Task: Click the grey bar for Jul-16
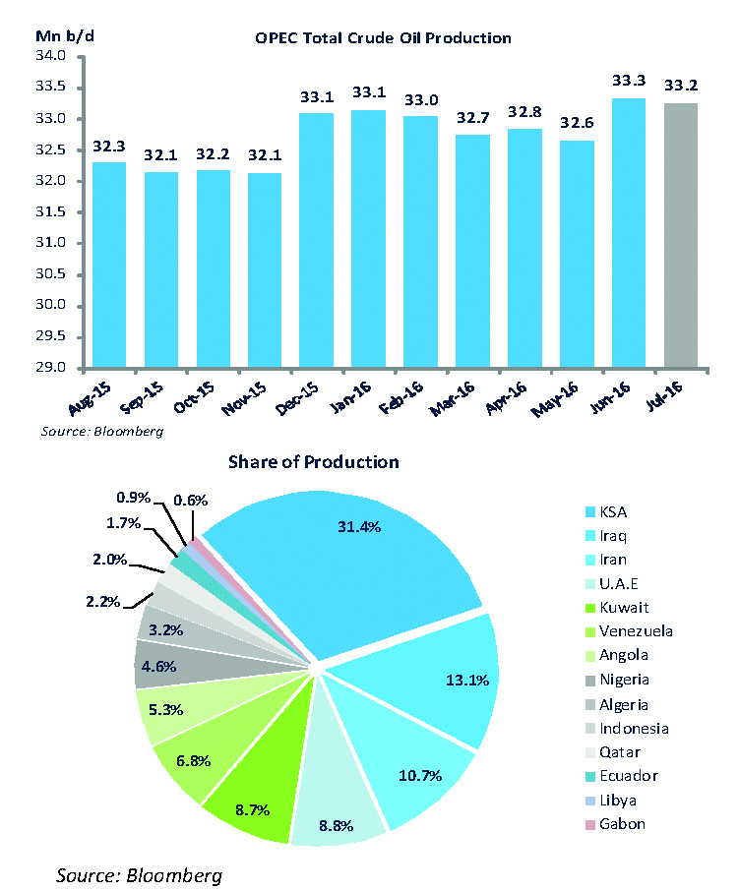681,236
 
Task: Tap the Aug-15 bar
108,266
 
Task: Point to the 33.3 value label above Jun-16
629,81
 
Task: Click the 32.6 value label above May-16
577,124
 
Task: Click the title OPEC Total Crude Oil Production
382,38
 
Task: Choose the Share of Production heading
314,461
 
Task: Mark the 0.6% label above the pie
190,500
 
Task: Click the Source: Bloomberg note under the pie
139,874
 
